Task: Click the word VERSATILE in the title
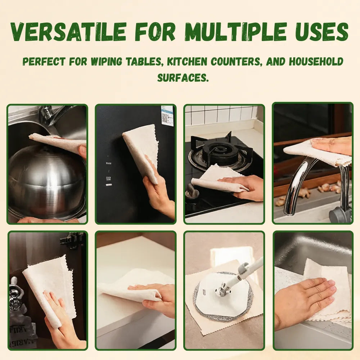point(68,32)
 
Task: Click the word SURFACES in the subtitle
point(183,78)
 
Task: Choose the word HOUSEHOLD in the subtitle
point(316,62)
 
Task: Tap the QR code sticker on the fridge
point(167,115)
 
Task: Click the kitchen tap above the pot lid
point(55,115)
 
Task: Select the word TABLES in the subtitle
point(144,62)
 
